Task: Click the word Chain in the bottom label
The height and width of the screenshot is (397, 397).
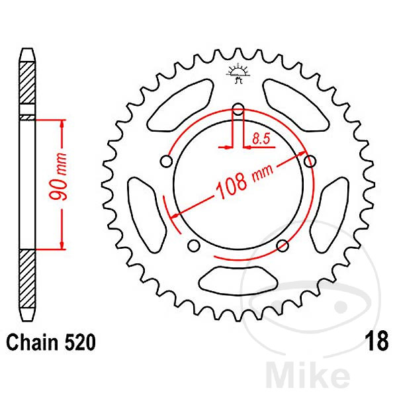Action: [x=32, y=343]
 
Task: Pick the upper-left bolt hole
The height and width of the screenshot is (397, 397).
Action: [x=168, y=161]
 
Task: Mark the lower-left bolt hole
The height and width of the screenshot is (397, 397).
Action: [x=195, y=245]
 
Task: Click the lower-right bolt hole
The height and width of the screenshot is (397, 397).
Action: [x=283, y=245]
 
